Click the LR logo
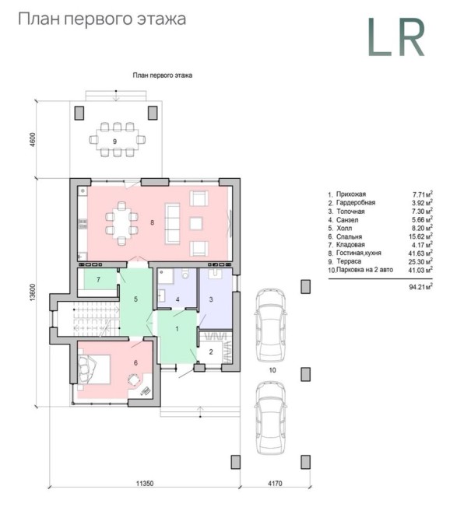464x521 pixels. tap(396, 37)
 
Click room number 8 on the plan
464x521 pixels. tap(153, 222)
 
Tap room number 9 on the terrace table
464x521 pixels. tap(114, 142)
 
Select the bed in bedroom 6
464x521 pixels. tap(94, 369)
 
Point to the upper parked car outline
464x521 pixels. tap(270, 326)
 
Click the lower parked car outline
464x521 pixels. tap(271, 418)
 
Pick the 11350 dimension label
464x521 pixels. tap(145, 483)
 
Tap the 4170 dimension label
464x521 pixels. tap(275, 483)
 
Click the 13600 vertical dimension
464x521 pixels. tap(32, 292)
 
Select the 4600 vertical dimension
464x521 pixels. tap(32, 140)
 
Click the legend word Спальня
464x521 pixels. tap(349, 236)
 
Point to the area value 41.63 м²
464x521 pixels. tap(420, 254)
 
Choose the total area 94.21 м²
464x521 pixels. tap(420, 287)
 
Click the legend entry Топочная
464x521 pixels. tap(350, 212)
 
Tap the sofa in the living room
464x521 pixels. tap(172, 223)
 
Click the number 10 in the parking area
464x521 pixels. tap(272, 370)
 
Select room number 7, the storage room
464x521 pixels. tap(98, 280)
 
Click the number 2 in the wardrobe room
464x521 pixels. tap(211, 352)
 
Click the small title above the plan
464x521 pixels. tap(163, 75)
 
